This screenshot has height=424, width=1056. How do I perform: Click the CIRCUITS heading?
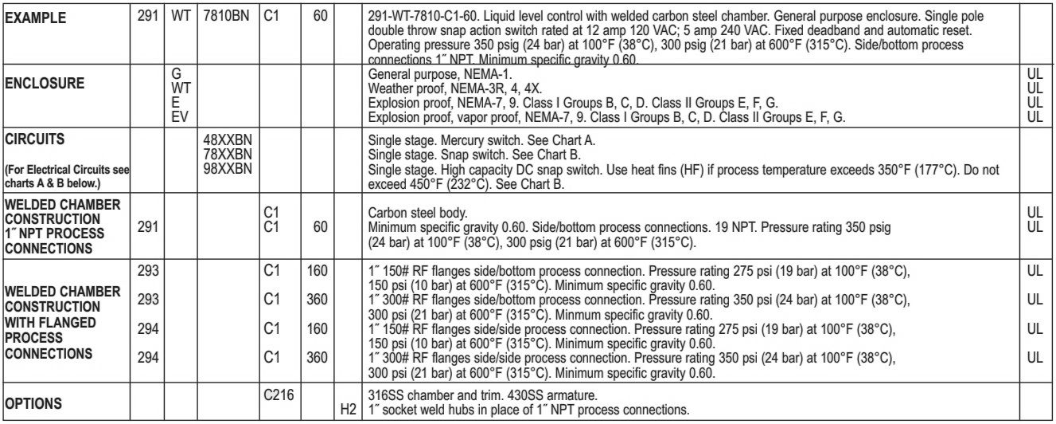[33, 139]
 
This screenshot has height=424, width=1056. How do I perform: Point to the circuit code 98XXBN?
[228, 163]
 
